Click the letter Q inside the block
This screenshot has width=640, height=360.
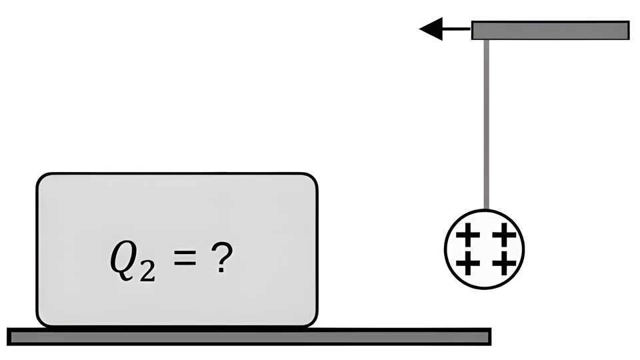(125, 259)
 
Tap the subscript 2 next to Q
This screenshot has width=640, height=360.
(148, 269)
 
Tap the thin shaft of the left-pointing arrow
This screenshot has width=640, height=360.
(457, 29)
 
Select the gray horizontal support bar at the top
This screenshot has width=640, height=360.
(550, 30)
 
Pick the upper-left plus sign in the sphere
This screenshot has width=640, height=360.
(471, 235)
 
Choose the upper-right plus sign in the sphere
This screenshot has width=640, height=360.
(505, 235)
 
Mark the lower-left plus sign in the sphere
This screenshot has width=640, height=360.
(471, 263)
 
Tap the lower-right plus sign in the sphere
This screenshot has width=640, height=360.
(505, 263)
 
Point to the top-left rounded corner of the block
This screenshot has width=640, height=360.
(42, 179)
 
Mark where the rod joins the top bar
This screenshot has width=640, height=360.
(487, 40)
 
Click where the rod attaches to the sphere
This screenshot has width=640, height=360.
(487, 210)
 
